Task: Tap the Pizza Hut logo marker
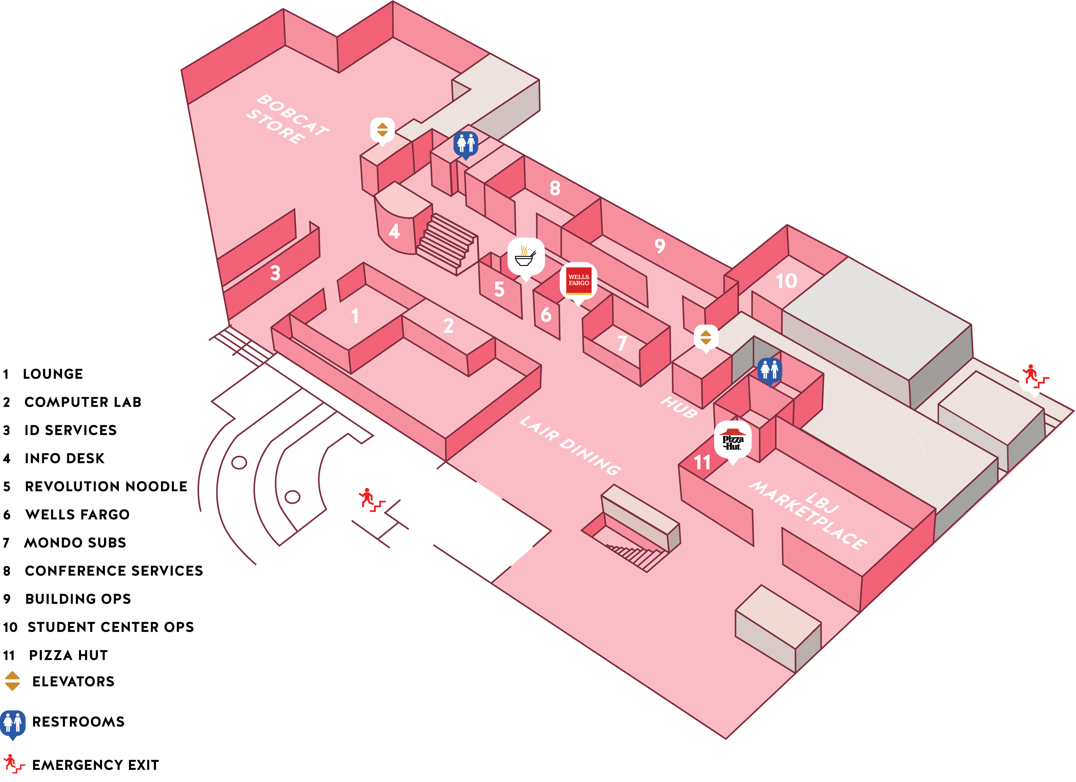click(733, 440)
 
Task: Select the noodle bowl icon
click(525, 257)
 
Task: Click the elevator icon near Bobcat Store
click(383, 130)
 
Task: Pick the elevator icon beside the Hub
click(706, 337)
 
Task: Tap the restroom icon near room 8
click(466, 143)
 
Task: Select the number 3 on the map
click(275, 273)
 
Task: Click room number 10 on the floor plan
click(786, 281)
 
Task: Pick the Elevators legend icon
click(12, 681)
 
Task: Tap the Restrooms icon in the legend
click(13, 723)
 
